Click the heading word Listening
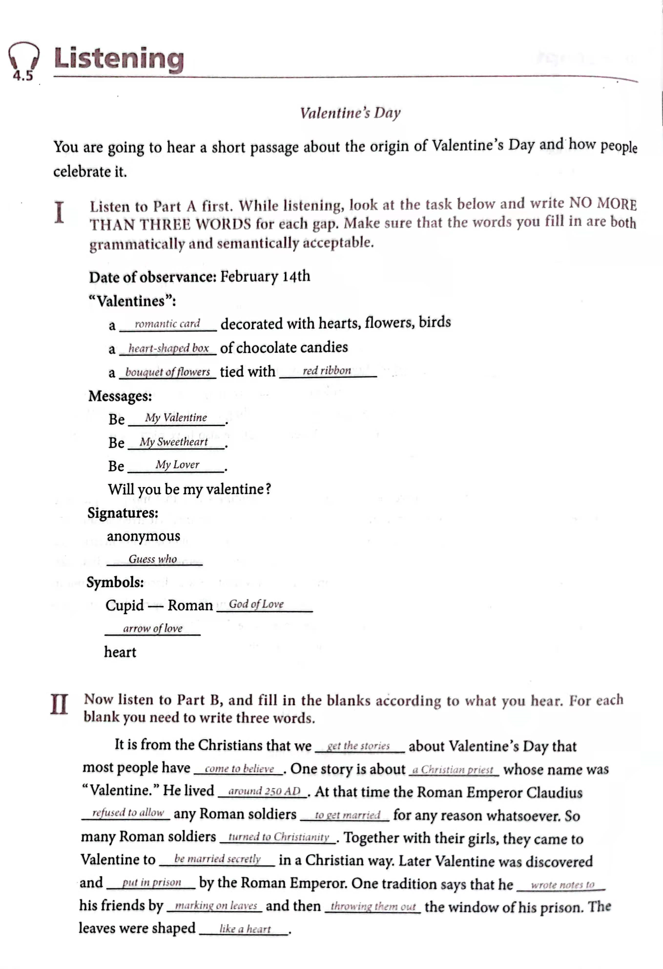point(119,59)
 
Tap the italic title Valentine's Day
point(350,113)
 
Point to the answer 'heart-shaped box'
point(168,348)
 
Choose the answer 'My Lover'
point(177,465)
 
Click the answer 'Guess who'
point(153,559)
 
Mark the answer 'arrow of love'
point(153,628)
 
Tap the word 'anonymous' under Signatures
point(144,536)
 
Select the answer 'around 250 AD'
point(264,791)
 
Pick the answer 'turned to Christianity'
point(279,837)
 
